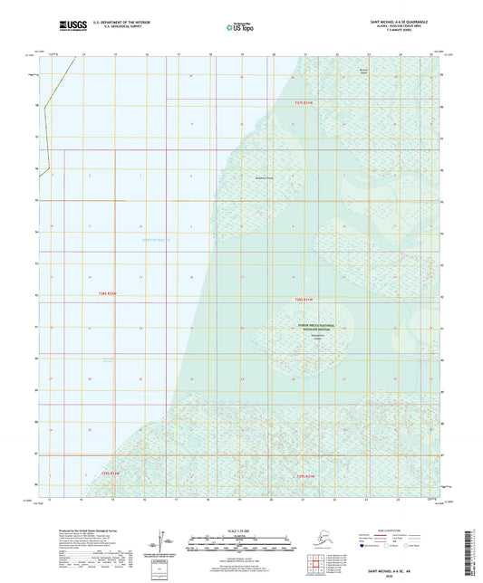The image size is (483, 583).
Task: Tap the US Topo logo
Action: point(240,28)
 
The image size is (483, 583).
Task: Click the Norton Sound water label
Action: point(155,240)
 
